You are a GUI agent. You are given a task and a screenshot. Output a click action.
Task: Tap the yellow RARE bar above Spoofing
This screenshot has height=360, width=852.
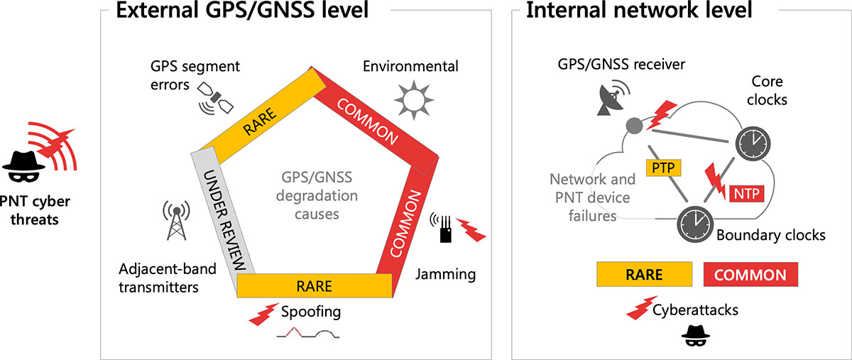tap(313, 285)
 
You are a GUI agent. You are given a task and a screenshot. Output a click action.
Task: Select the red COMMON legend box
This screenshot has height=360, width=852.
tap(750, 275)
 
